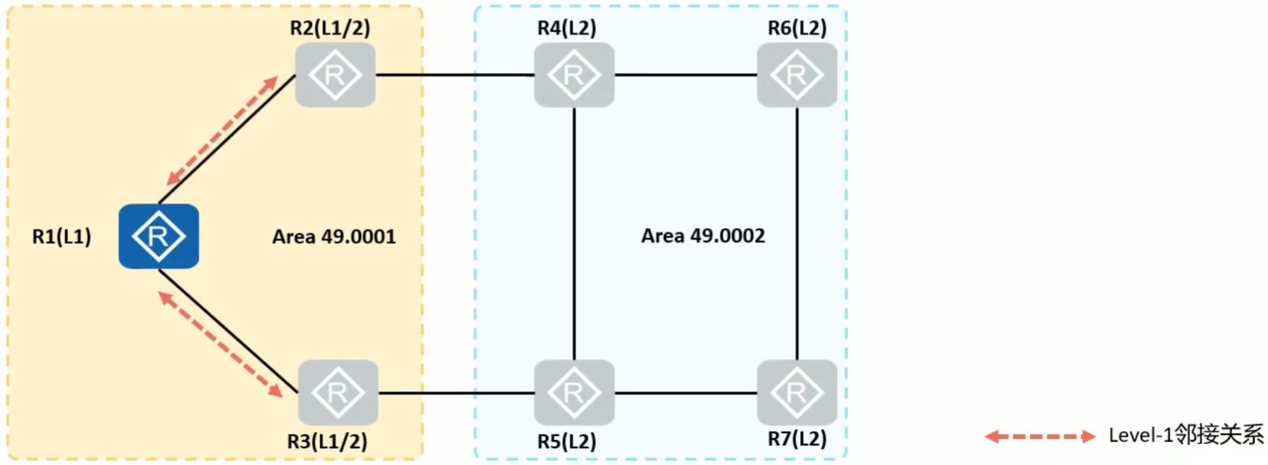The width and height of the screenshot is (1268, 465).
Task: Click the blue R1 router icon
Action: point(159,236)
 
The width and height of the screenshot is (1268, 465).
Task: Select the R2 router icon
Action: point(335,75)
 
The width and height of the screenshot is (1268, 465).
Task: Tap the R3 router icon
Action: point(338,392)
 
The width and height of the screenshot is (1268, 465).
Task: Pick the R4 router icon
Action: point(573,75)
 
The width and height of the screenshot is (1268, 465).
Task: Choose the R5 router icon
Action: point(573,392)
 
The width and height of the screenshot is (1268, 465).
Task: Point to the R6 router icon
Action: point(796,75)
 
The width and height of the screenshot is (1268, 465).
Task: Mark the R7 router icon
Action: point(796,392)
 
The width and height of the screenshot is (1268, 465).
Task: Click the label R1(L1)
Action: point(62,236)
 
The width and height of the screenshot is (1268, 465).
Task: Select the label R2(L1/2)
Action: point(330,28)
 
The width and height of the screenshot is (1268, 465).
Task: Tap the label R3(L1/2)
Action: point(327,442)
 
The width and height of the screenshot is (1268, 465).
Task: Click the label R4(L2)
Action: point(566,28)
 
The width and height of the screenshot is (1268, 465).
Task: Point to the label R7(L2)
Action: point(797,439)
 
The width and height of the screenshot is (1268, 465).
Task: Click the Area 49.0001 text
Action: point(333,236)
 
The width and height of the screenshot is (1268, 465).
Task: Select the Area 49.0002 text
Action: point(703,236)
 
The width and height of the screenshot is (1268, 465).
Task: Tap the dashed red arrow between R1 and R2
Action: point(222,131)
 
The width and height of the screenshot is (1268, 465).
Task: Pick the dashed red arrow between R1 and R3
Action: point(220,344)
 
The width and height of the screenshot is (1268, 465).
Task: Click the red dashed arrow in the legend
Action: point(1040,437)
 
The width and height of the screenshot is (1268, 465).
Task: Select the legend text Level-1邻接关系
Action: point(1185,435)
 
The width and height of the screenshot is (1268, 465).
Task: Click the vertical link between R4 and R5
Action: point(574,234)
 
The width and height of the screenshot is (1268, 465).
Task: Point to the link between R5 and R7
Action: point(685,393)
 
